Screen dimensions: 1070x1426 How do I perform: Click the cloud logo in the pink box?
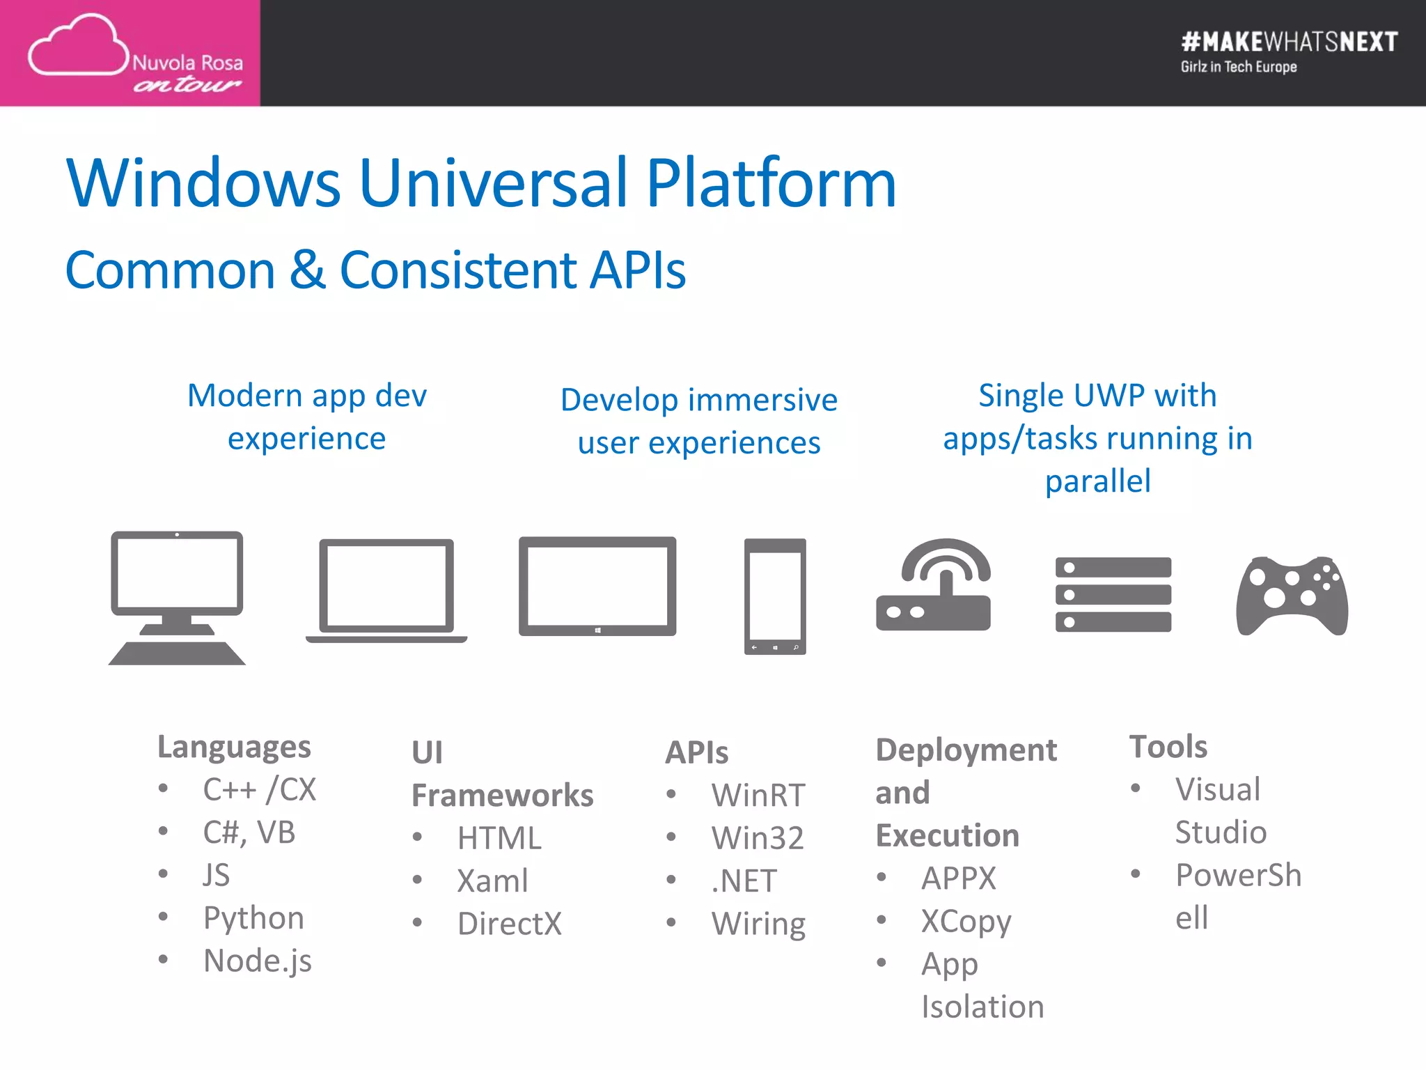coord(78,46)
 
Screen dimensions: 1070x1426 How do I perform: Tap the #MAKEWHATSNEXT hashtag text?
coord(1289,42)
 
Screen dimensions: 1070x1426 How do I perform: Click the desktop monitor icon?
coord(177,597)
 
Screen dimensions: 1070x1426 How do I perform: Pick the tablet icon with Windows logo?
coord(597,586)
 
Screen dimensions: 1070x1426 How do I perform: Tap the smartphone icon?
coord(775,596)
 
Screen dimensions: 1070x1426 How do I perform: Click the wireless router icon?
coord(933,585)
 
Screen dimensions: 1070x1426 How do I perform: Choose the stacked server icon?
coord(1113,594)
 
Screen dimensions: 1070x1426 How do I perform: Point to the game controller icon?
coord(1292,596)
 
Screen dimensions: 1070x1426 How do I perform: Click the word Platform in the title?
coord(771,184)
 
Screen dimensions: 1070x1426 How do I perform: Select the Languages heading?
coord(234,747)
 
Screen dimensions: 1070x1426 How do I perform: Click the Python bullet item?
coord(253,918)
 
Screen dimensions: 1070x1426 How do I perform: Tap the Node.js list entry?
coord(257,961)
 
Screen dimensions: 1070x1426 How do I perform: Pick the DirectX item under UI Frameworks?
coord(509,924)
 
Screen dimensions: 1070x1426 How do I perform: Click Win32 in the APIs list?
coord(758,838)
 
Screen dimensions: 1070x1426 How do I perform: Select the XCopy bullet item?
coord(966,922)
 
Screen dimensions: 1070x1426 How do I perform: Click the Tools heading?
coord(1168,747)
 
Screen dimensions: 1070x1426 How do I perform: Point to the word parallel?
coord(1097,481)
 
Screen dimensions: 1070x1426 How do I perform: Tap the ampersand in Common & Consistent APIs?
coord(307,270)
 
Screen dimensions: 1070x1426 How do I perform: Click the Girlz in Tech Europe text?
coord(1238,67)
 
